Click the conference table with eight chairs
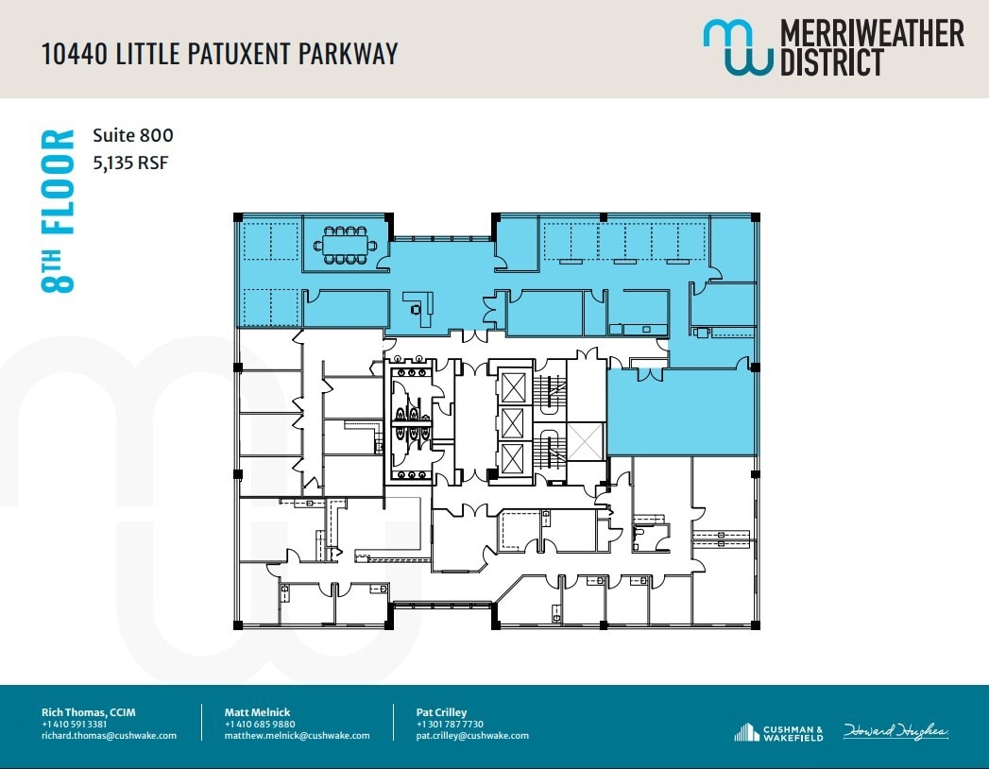(345, 245)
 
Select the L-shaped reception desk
(418, 305)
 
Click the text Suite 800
(133, 136)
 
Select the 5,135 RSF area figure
(130, 162)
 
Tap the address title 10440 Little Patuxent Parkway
(219, 53)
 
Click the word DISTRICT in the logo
(831, 62)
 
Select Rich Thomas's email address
(109, 736)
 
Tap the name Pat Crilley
(441, 712)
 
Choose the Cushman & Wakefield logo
(778, 732)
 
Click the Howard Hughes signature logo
(895, 732)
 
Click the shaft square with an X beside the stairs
(585, 441)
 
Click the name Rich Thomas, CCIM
(88, 712)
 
